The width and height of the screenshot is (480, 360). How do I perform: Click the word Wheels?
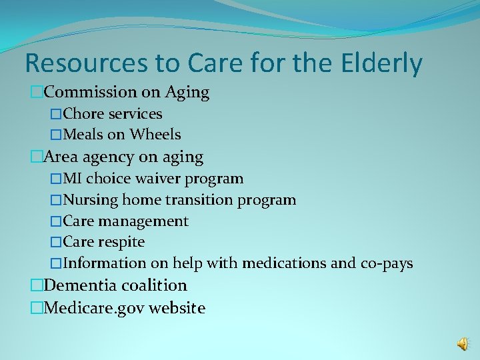click(x=155, y=135)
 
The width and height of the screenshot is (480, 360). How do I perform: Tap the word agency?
click(x=103, y=158)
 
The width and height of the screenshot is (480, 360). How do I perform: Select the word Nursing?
click(x=89, y=200)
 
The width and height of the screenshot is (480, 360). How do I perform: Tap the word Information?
click(x=105, y=263)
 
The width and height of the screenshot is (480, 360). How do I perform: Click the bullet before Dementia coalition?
click(x=37, y=286)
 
